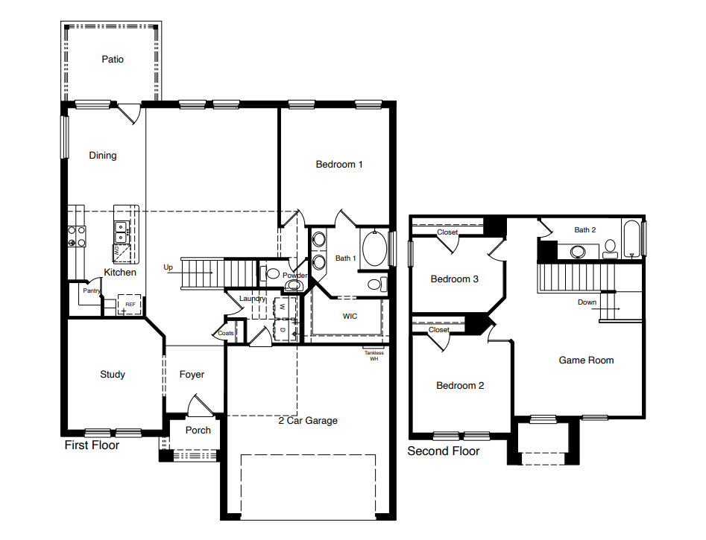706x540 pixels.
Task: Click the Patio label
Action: (113, 59)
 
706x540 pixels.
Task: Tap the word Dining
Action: (103, 156)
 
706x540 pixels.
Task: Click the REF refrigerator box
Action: (130, 305)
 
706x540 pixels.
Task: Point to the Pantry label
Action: (91, 290)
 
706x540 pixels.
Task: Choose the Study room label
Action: (113, 375)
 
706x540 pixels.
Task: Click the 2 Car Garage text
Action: (308, 421)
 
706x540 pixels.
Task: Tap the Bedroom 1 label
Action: (339, 164)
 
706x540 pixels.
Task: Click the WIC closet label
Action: (350, 317)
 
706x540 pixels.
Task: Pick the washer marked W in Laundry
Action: (283, 307)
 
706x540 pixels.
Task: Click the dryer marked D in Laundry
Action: (283, 328)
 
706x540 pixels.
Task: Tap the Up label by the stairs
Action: (168, 267)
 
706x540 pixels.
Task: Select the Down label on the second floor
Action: (587, 302)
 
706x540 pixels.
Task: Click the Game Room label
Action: (586, 360)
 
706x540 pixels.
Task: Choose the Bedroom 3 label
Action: (455, 279)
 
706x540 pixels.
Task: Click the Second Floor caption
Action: (444, 451)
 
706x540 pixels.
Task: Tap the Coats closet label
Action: (226, 333)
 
